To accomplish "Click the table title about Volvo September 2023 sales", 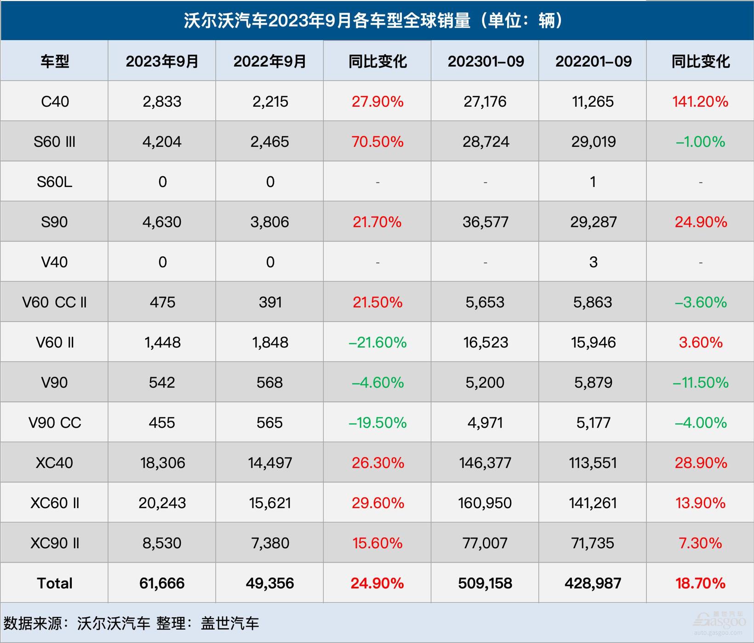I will point(373,21).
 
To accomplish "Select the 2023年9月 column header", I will point(162,61).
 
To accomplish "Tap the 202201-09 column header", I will point(593,61).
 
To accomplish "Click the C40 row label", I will point(55,101).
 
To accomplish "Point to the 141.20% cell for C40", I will point(700,101).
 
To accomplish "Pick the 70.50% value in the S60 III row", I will point(377,141).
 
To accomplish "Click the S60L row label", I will point(55,182).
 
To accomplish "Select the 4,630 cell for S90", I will point(162,222).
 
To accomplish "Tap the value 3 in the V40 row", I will point(593,262).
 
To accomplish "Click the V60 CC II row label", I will point(55,302).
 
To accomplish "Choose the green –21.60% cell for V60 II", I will point(377,342).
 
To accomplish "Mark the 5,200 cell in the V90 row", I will point(485,382).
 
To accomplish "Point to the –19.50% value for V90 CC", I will point(377,423).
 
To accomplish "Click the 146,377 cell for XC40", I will point(485,463).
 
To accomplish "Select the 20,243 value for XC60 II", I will point(162,503).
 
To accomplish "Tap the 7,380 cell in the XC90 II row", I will point(270,543).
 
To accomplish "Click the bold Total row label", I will point(55,583).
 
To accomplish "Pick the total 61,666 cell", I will point(162,583).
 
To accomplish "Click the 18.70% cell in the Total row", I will point(700,583).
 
